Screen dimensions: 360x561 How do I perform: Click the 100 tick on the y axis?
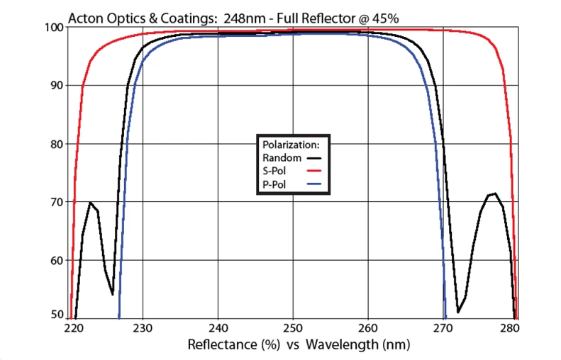[54, 27]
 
